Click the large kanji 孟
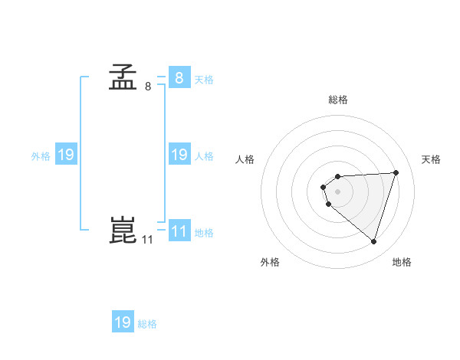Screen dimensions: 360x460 tap(123, 77)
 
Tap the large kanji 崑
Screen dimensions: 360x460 tap(123, 231)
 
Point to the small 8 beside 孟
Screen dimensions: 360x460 tap(148, 86)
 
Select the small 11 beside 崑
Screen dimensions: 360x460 tap(148, 240)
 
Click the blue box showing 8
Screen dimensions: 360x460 tap(179, 77)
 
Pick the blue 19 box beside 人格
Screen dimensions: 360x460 tap(179, 155)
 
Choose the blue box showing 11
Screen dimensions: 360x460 tap(179, 231)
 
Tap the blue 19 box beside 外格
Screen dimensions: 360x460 tap(66, 155)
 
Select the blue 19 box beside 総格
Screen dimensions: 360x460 tap(123, 322)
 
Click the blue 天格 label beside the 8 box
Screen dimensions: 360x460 tap(204, 79)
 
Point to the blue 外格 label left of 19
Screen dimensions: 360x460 tap(41, 156)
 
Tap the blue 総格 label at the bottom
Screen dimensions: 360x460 tap(147, 324)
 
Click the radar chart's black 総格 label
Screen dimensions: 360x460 tap(337, 100)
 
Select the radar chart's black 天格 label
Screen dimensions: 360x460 tap(431, 159)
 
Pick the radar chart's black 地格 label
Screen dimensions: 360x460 tap(402, 262)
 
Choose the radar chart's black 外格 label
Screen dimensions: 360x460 tap(270, 262)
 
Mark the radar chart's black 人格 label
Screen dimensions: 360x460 tap(245, 159)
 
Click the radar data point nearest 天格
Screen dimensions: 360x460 tap(396, 172)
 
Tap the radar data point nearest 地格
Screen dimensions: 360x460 tap(373, 241)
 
